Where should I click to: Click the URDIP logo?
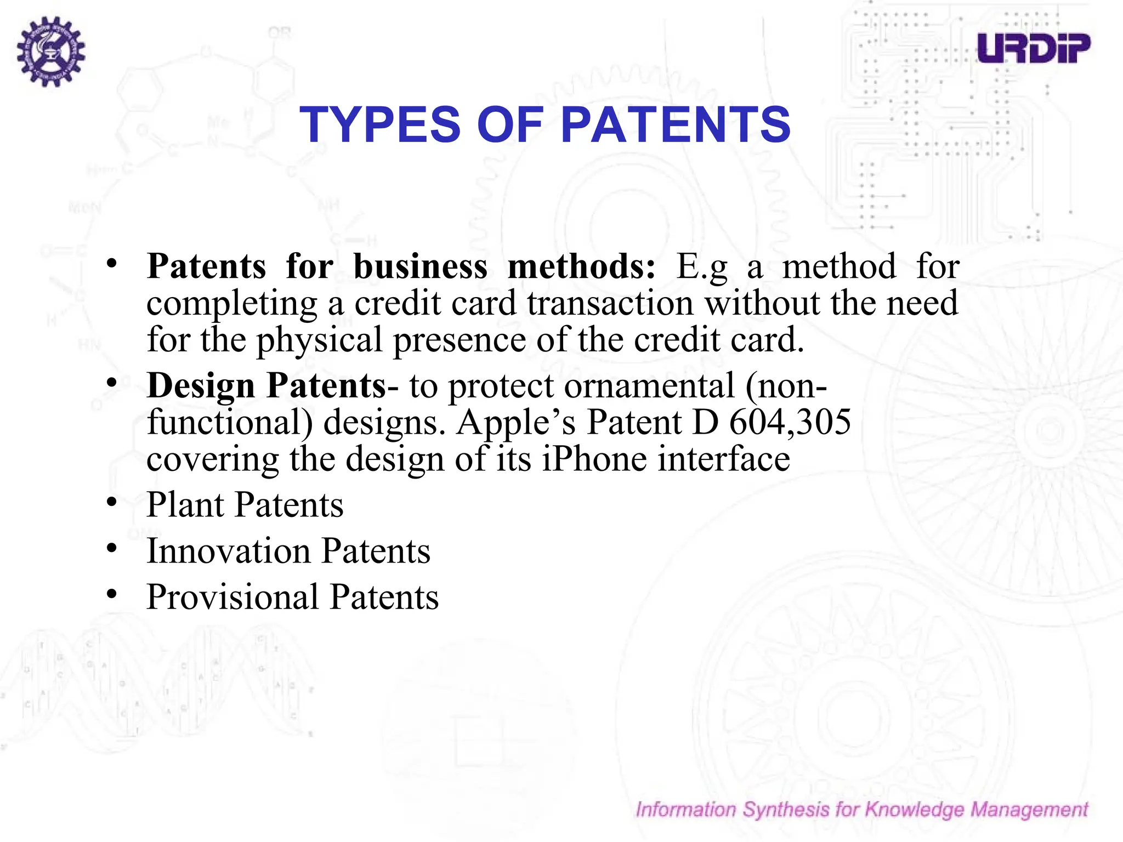1034,48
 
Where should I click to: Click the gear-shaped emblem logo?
50,51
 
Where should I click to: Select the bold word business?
420,267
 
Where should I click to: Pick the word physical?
319,340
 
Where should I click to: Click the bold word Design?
201,385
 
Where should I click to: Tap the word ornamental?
649,385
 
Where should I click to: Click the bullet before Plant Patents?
112,502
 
